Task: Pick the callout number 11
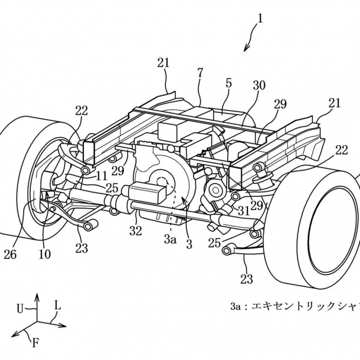coord(101,175)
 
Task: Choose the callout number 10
coord(44,254)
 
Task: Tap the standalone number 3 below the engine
coord(189,244)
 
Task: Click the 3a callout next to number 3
coord(170,239)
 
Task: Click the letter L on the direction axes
coord(57,304)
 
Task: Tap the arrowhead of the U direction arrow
coord(38,295)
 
